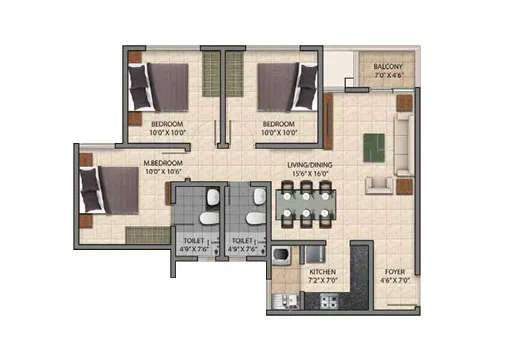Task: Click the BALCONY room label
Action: tap(381, 62)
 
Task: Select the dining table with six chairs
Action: tap(304, 207)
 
